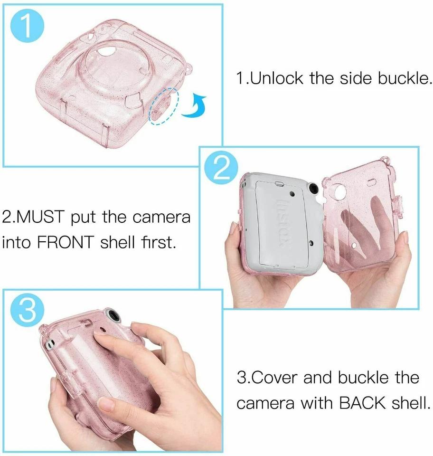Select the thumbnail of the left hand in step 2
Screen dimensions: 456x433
pyautogui.click(x=233, y=229)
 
